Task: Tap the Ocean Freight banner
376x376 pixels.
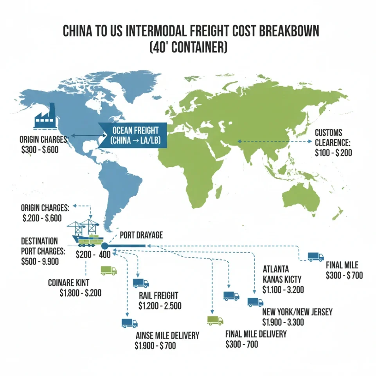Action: coord(133,135)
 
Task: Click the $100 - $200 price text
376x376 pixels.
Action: coord(333,153)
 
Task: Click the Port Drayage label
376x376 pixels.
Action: coord(141,235)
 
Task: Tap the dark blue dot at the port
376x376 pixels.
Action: coord(104,246)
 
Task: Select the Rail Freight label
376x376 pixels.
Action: coord(158,296)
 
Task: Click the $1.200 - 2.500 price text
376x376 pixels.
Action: coord(160,306)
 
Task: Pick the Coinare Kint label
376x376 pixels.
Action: coord(68,282)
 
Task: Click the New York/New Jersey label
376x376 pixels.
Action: coord(297,312)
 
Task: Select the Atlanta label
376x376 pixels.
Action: coord(276,269)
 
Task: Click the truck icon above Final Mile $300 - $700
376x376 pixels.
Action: coord(315,257)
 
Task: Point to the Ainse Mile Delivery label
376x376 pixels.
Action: coord(167,335)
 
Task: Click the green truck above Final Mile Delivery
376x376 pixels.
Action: coord(215,320)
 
